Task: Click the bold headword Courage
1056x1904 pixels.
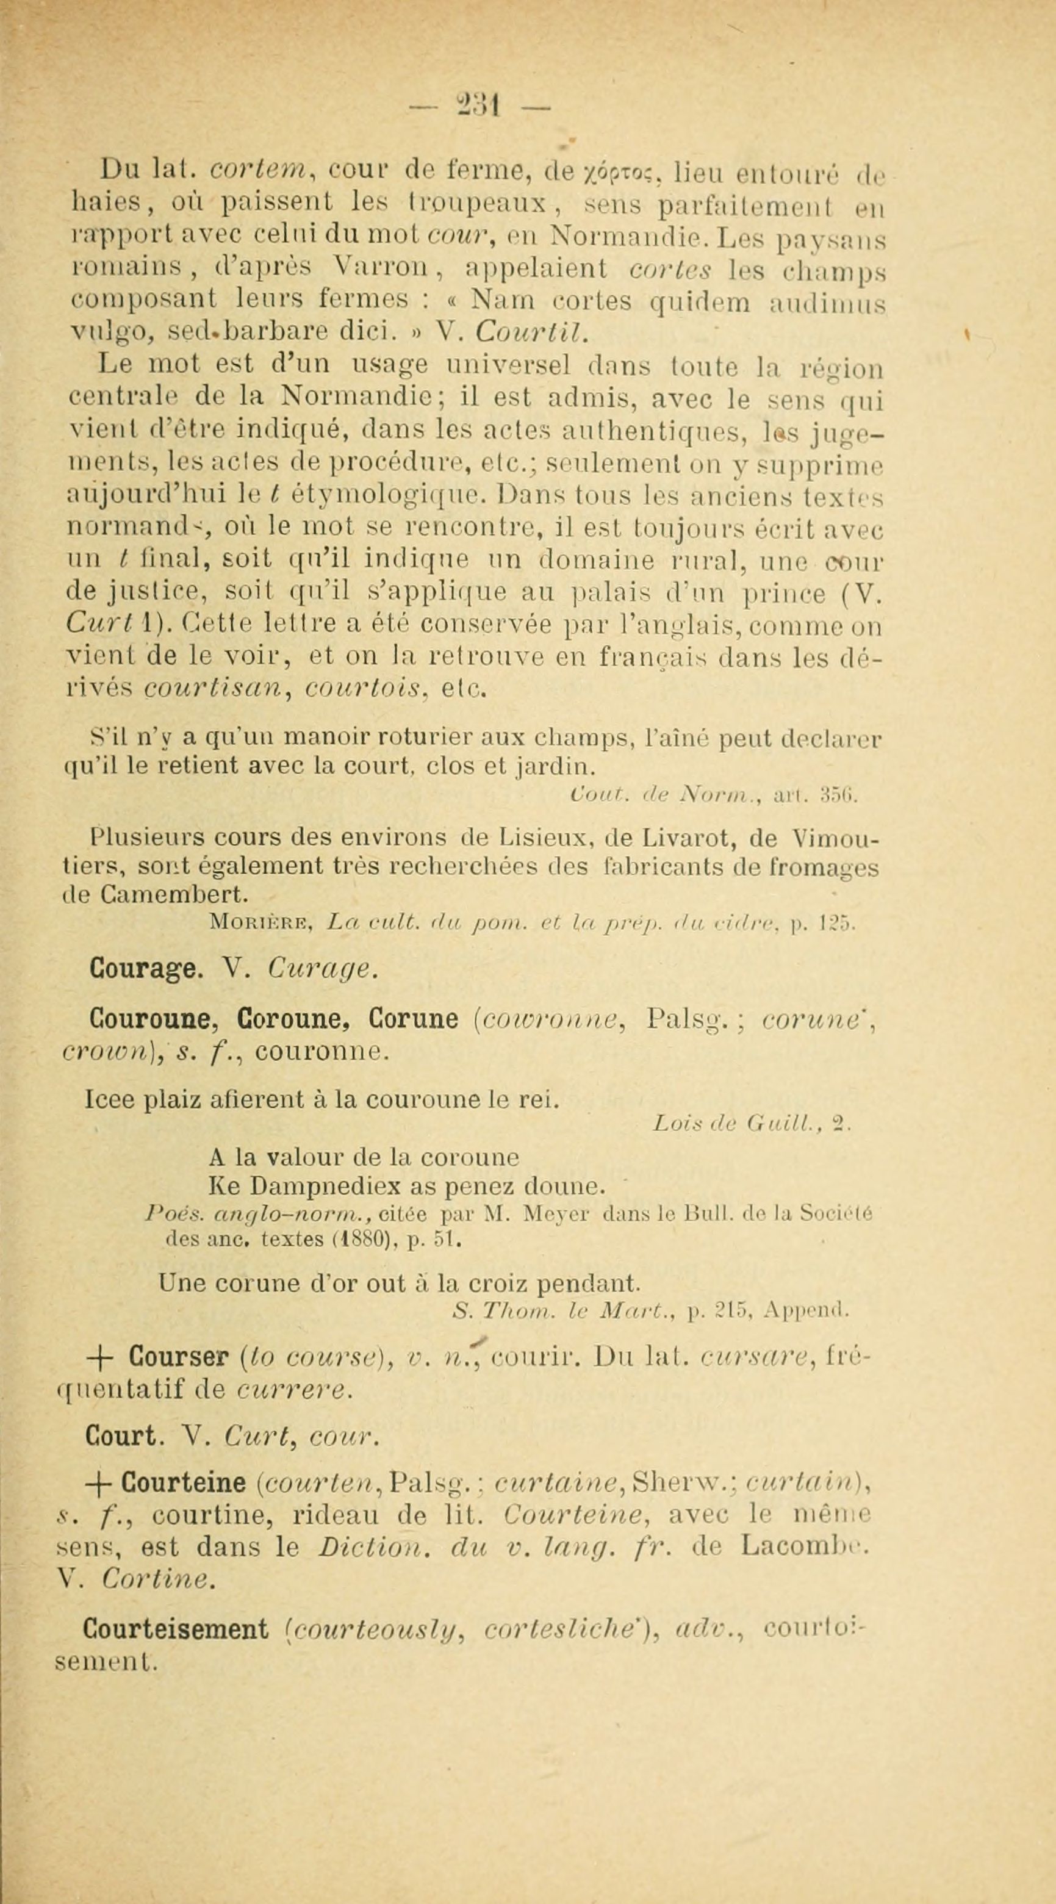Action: (x=144, y=968)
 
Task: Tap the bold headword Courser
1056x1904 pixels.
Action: (x=177, y=1357)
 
